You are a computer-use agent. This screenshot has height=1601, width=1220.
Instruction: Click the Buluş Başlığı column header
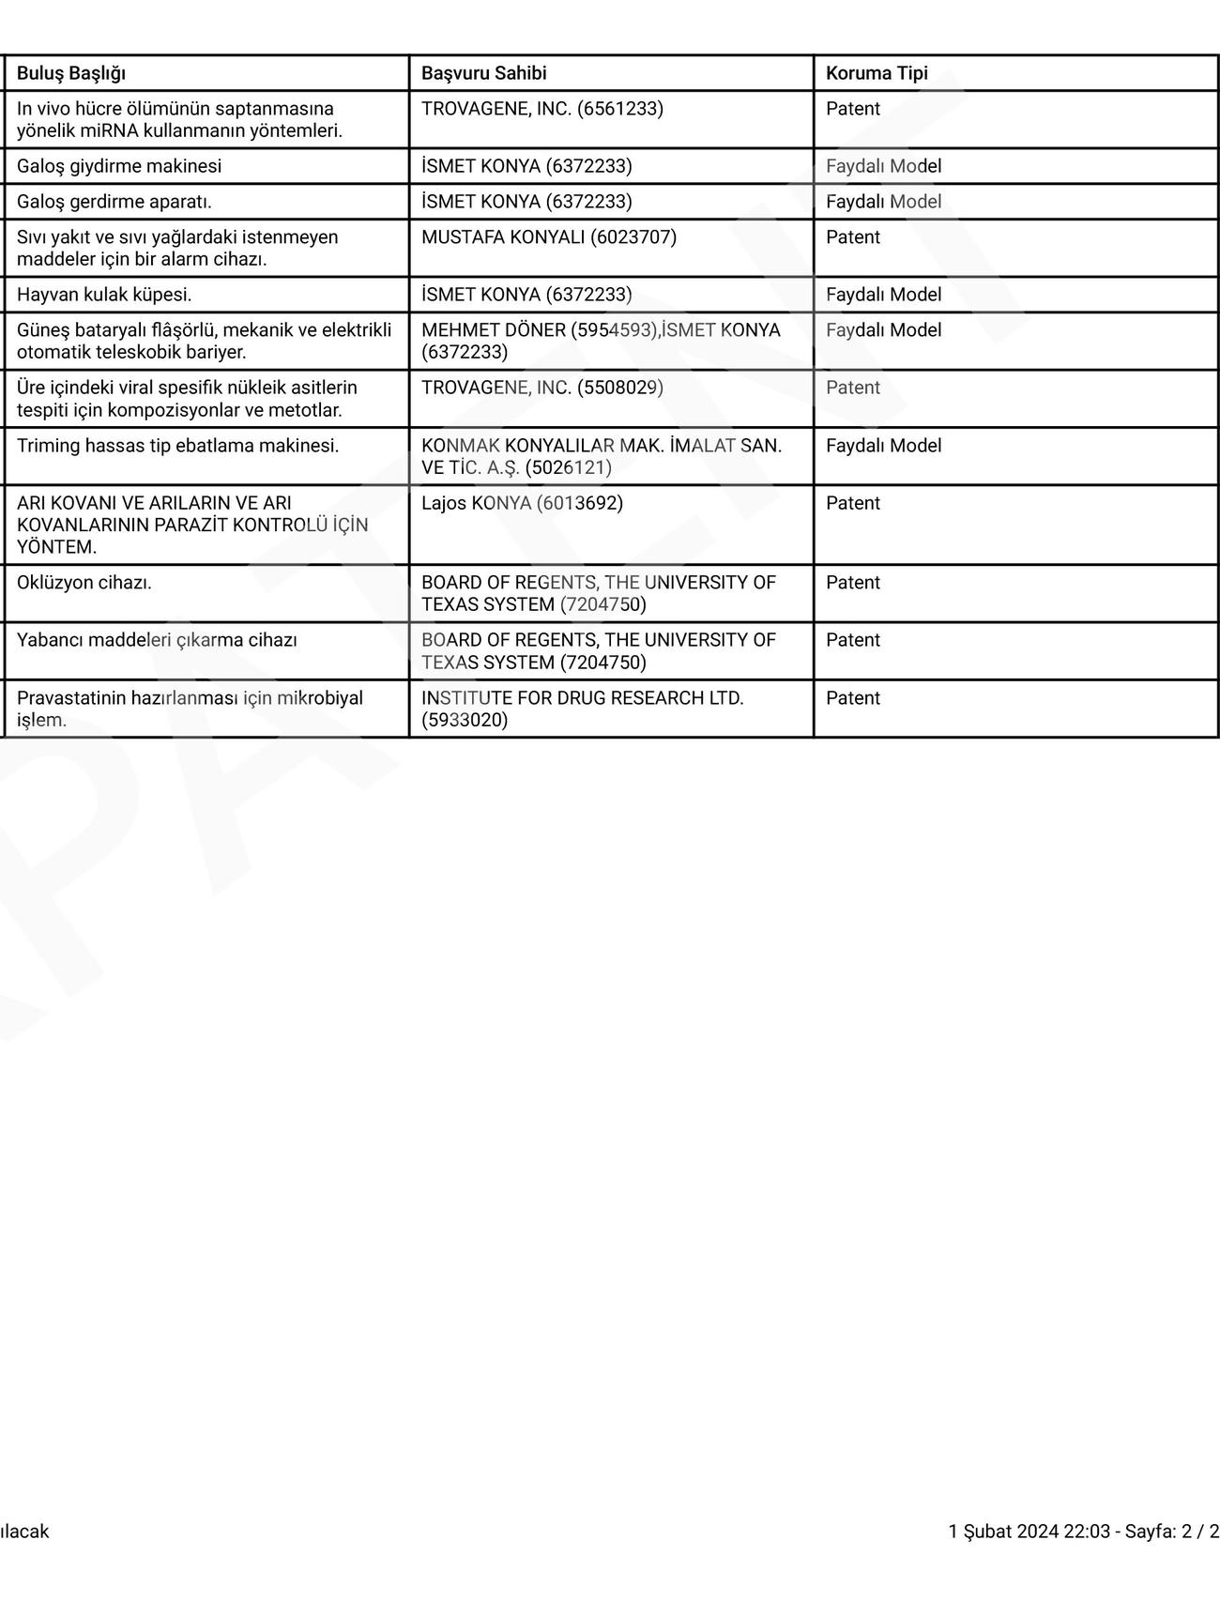(x=71, y=73)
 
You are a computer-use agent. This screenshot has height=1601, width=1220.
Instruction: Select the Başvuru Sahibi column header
(x=483, y=73)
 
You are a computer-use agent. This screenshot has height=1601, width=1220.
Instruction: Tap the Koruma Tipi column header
(x=877, y=73)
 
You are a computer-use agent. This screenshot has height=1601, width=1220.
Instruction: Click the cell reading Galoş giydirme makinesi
(x=119, y=166)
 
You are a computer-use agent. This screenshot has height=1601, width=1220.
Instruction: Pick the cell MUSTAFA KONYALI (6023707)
(x=548, y=237)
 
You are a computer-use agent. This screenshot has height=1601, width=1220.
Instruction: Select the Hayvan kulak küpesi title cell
(x=104, y=295)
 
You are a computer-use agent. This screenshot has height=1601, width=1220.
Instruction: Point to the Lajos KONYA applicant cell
(x=522, y=503)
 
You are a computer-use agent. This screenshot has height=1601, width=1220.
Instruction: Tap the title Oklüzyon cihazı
(x=84, y=583)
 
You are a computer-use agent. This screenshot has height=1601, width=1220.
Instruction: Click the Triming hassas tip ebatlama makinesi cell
(x=178, y=446)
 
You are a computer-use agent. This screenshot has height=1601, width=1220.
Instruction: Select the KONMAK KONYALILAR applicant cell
(x=601, y=456)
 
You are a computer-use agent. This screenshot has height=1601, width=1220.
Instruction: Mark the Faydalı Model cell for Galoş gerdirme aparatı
(x=883, y=202)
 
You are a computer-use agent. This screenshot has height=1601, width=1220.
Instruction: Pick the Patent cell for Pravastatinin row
(x=853, y=698)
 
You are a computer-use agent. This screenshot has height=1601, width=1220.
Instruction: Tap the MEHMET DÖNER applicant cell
(x=601, y=341)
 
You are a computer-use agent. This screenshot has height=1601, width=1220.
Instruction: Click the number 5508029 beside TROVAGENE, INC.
(x=620, y=388)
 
